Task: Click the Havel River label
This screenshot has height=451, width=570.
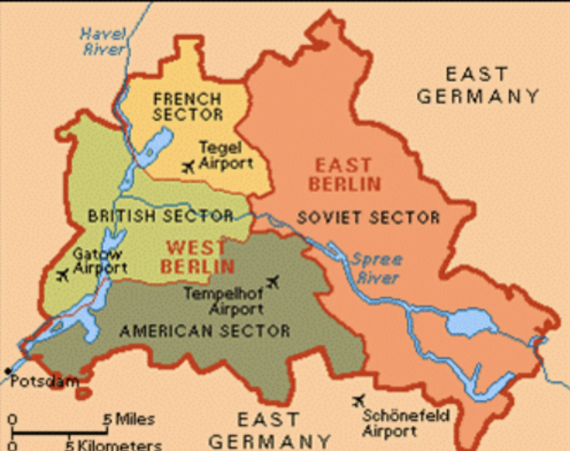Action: (x=103, y=42)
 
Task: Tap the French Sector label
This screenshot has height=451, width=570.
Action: (x=187, y=105)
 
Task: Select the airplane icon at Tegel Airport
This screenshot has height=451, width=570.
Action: (x=189, y=166)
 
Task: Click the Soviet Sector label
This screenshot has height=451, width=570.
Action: (x=368, y=217)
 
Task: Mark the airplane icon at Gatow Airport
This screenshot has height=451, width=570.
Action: (x=63, y=275)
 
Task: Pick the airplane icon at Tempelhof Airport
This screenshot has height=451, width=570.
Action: (x=272, y=280)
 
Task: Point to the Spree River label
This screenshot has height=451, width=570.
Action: (x=376, y=269)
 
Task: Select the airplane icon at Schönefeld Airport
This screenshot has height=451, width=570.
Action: (x=358, y=401)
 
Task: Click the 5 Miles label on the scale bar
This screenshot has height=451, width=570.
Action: (x=129, y=418)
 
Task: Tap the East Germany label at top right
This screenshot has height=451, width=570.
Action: (x=479, y=85)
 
